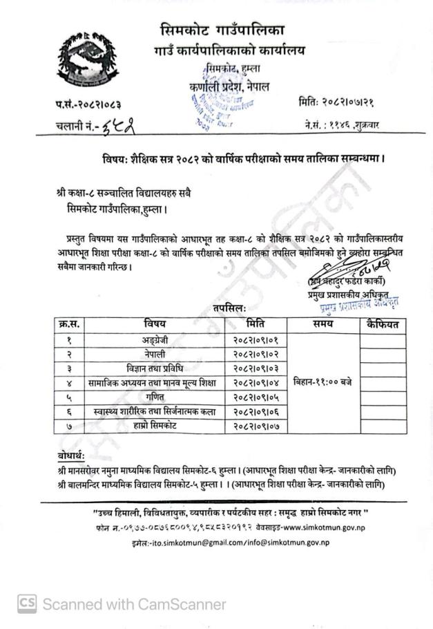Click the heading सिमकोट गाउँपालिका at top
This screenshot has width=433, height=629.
[222, 30]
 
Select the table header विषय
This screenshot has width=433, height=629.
[155, 323]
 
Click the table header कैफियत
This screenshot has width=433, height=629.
[383, 323]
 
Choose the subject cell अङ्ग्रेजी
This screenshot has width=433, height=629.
[155, 339]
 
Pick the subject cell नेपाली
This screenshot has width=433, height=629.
[155, 353]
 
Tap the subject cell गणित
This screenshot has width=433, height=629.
[155, 397]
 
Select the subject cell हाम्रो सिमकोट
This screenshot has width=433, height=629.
[155, 426]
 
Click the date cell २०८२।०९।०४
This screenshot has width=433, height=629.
[254, 382]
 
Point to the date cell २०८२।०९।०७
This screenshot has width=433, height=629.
[254, 426]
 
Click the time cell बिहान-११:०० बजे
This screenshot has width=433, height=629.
[323, 382]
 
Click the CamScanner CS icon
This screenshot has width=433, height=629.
[27, 604]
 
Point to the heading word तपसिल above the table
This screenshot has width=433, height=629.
[231, 306]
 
